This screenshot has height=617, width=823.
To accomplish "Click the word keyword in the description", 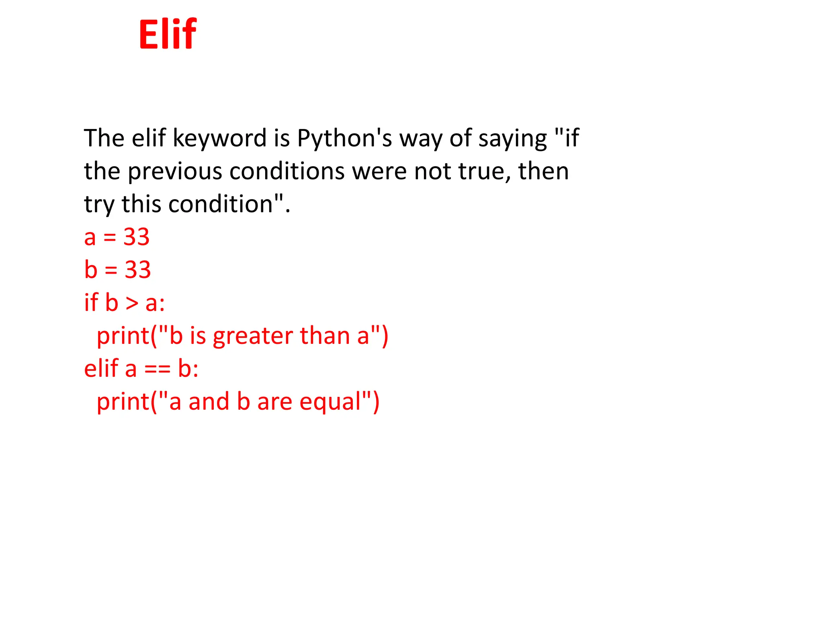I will [219, 139].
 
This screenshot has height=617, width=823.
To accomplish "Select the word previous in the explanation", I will [175, 172].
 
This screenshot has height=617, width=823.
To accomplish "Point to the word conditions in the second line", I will [287, 172].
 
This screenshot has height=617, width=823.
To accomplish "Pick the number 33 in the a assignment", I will [136, 237].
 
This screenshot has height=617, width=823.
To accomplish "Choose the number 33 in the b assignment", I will [137, 270].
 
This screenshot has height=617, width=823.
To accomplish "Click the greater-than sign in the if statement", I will [132, 303].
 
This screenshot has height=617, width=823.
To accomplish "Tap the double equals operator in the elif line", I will [157, 369].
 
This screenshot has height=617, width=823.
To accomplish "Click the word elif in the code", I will [101, 368].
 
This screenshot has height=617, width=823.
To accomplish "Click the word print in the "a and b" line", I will [123, 402].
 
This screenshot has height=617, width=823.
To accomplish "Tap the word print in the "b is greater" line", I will [123, 336].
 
